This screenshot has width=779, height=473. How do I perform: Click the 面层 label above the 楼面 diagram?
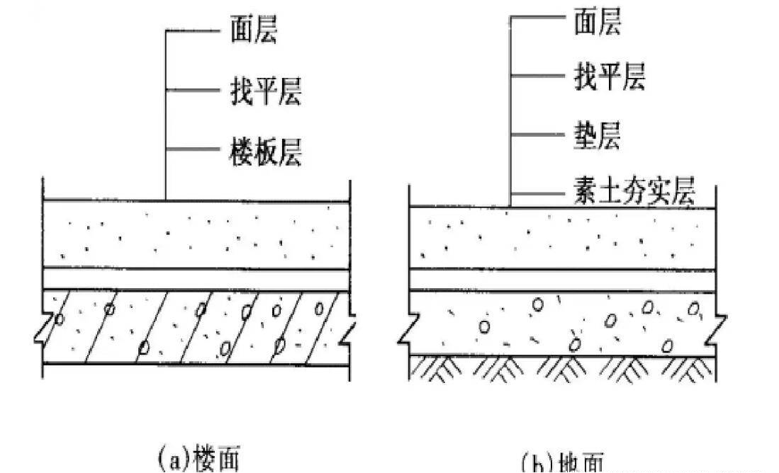tap(253, 32)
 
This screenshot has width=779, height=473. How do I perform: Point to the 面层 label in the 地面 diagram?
tap(597, 22)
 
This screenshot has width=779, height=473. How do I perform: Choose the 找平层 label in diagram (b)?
tap(609, 75)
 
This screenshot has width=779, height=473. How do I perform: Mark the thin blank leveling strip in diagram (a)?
tap(196, 279)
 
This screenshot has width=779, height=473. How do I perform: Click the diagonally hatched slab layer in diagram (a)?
tap(196, 326)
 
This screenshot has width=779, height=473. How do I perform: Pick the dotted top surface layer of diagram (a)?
tap(196, 234)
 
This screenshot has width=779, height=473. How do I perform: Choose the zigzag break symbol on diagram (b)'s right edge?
tap(717, 327)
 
